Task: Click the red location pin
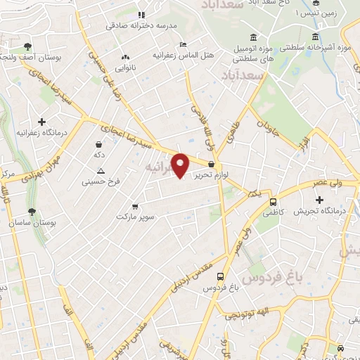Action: tap(181, 165)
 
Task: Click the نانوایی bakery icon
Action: tap(126, 58)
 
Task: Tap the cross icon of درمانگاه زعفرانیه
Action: tap(42, 121)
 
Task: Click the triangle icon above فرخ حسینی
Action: tap(101, 171)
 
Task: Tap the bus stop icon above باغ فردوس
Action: tap(221, 277)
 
